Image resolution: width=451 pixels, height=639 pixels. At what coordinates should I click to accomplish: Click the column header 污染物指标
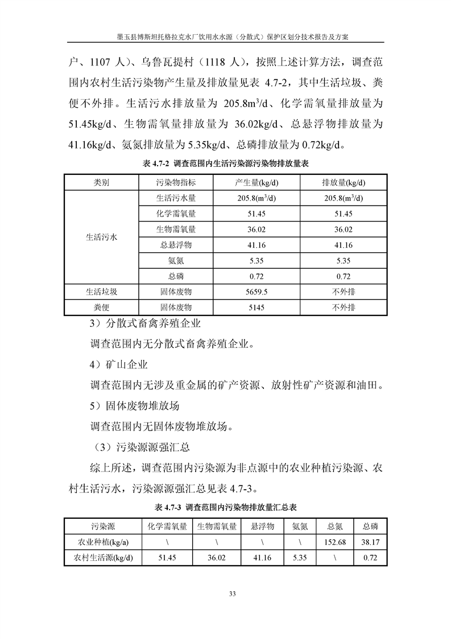coord(176,182)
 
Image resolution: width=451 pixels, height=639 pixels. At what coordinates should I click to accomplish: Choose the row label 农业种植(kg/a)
coord(103,542)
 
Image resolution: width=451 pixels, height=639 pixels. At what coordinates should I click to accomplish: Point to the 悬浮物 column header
coord(263,526)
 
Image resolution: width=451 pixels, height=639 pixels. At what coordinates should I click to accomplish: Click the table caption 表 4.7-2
coord(225,163)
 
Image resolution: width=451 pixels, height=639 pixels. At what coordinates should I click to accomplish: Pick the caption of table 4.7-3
coord(225,507)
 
